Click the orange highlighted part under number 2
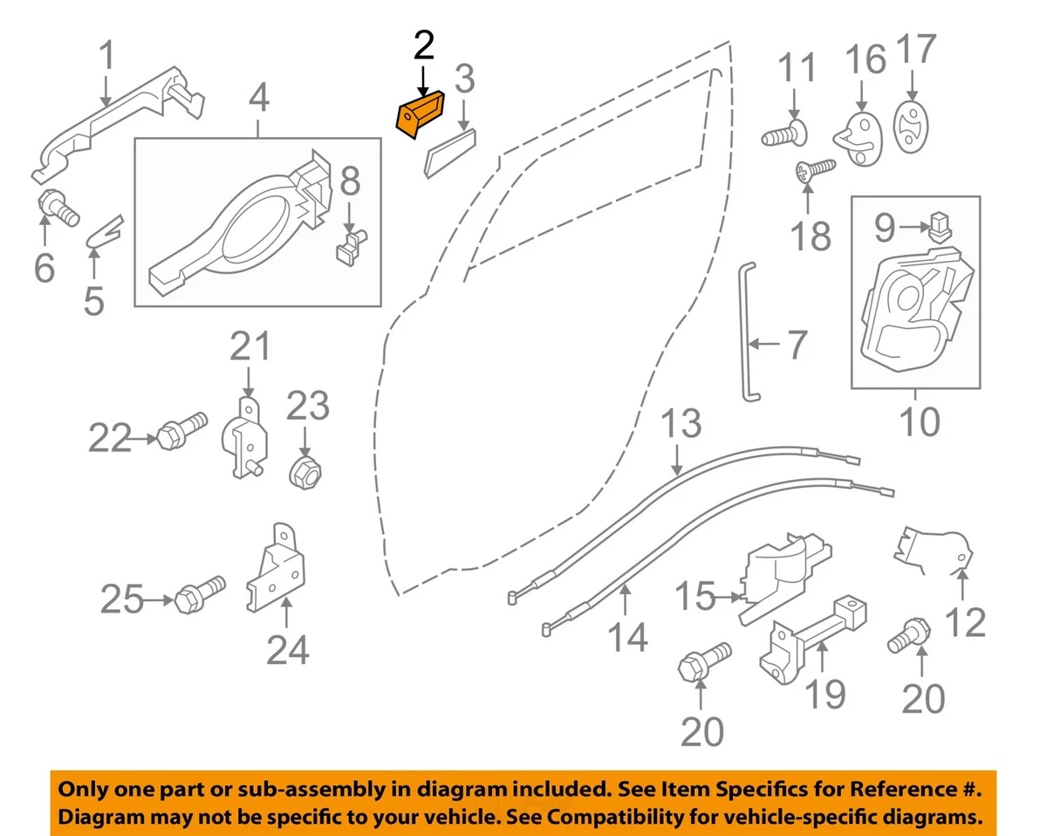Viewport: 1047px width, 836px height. (419, 115)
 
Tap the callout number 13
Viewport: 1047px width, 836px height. (681, 425)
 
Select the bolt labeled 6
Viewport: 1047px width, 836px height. (58, 208)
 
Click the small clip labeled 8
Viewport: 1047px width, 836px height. (350, 244)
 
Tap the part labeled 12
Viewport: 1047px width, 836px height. (932, 546)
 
